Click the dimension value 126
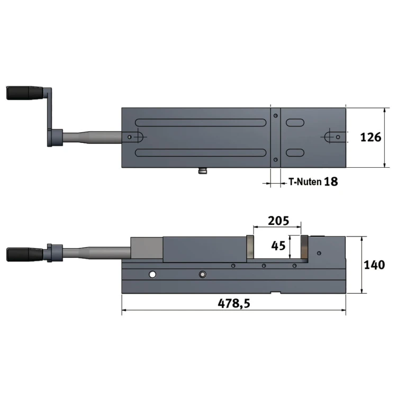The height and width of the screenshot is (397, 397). pyautogui.click(x=371, y=138)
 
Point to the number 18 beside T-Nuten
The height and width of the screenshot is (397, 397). pyautogui.click(x=330, y=182)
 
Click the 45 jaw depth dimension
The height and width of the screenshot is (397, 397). pyautogui.click(x=278, y=246)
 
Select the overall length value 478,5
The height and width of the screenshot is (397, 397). pyautogui.click(x=233, y=303)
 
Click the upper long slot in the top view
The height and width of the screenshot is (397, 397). pyautogui.click(x=201, y=122)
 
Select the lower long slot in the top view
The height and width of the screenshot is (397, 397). pyautogui.click(x=201, y=152)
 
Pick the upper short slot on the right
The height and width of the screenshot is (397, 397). pyautogui.click(x=295, y=122)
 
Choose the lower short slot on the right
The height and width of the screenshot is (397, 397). pyautogui.click(x=295, y=152)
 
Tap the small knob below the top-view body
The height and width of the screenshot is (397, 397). pyautogui.click(x=203, y=171)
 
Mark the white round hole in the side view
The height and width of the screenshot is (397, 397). pyautogui.click(x=152, y=274)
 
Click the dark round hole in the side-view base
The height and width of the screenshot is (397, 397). pyautogui.click(x=202, y=274)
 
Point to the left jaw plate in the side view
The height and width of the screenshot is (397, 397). pyautogui.click(x=249, y=248)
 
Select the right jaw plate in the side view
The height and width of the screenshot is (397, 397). pyautogui.click(x=304, y=248)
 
